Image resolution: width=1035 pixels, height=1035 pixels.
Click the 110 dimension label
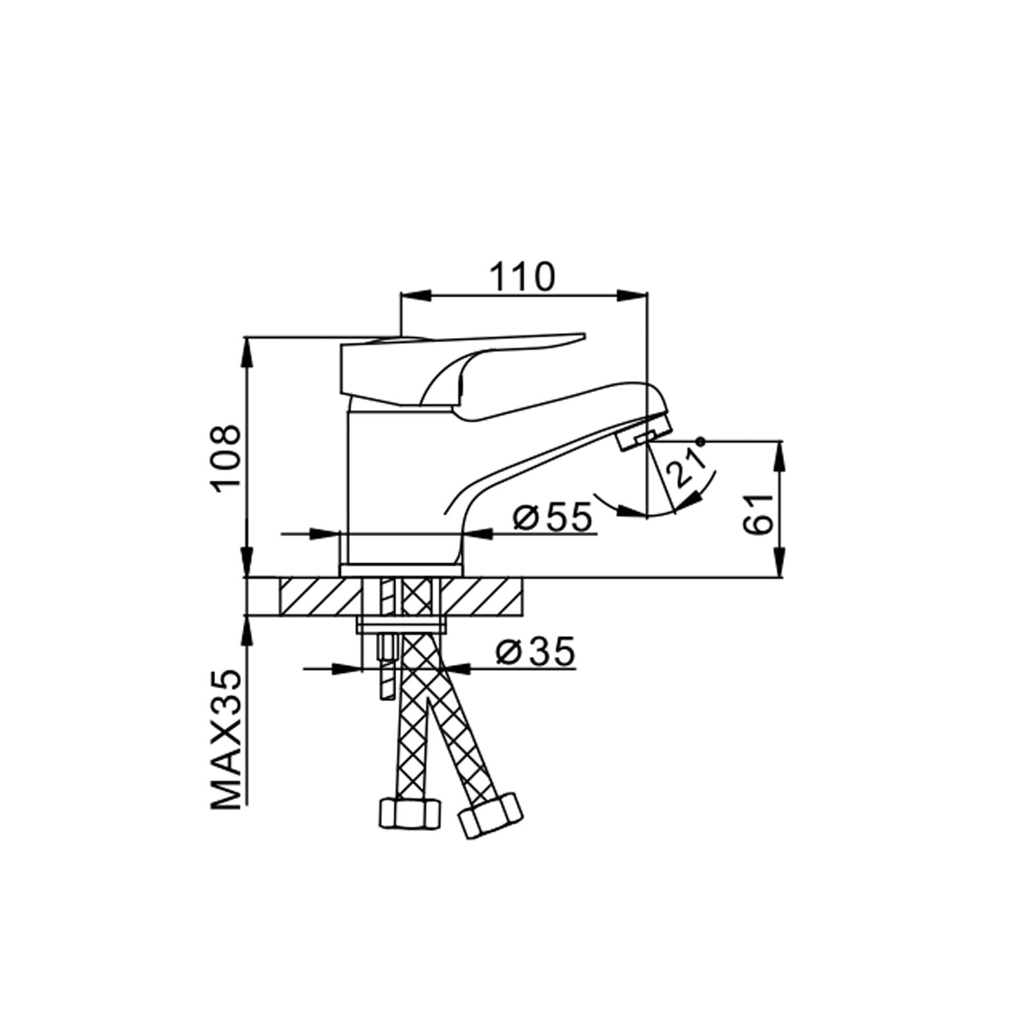(x=522, y=277)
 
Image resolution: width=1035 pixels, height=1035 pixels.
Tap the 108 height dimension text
(x=227, y=457)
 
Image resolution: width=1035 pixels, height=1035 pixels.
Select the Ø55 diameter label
(x=553, y=517)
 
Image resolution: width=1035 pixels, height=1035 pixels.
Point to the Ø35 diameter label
(x=535, y=652)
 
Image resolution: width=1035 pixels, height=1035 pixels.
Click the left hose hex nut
(x=408, y=814)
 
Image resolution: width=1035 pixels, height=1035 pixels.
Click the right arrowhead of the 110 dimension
(x=633, y=295)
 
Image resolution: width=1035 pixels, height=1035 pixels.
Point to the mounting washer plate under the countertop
(x=401, y=626)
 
